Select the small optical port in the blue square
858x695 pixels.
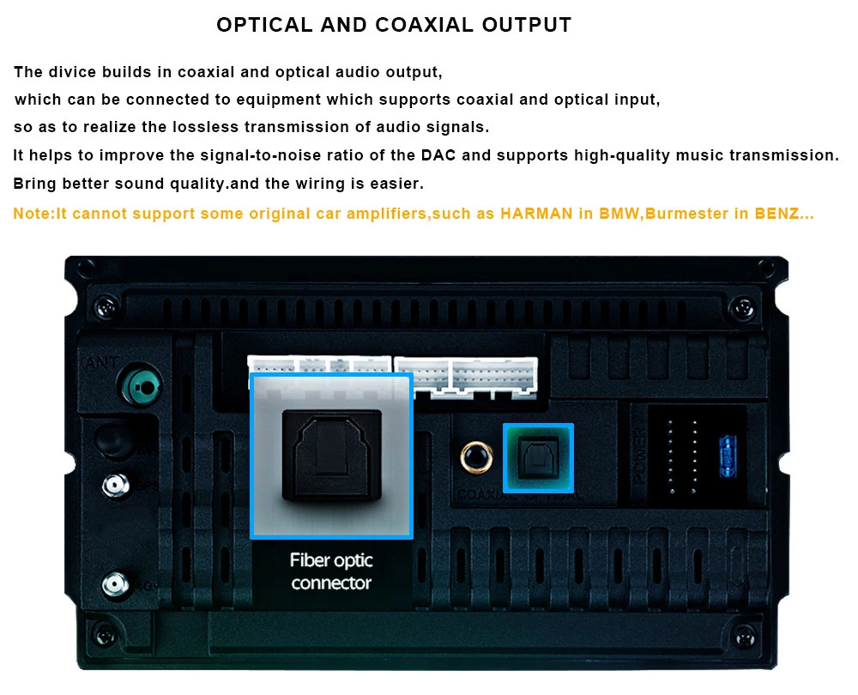click(538, 457)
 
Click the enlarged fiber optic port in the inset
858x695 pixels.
click(330, 454)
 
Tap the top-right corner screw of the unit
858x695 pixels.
click(743, 305)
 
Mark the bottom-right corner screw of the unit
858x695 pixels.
click(743, 636)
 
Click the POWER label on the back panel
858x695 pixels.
click(639, 456)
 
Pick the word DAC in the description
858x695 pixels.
click(438, 155)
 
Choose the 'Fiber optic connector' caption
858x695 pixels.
click(331, 571)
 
